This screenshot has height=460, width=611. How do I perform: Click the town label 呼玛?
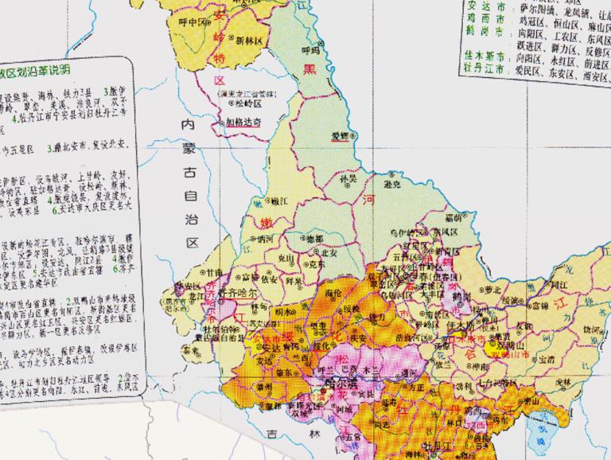(x=310, y=49)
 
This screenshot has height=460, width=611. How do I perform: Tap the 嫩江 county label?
(x=264, y=205)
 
